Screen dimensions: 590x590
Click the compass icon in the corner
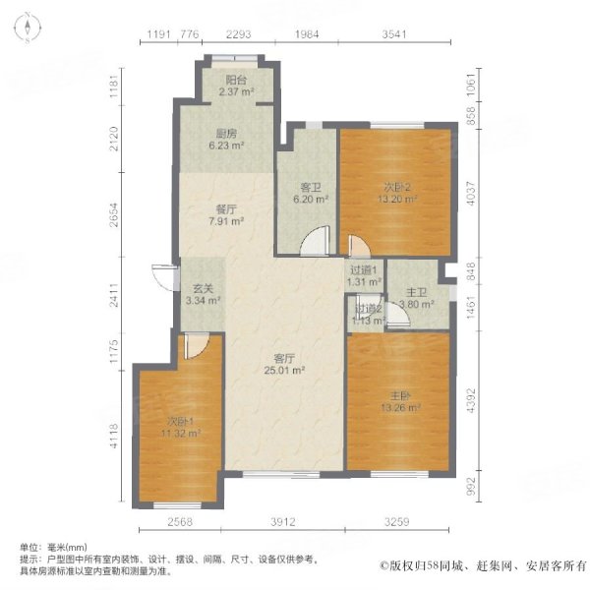[x=28, y=28]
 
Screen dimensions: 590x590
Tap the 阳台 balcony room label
[x=236, y=81]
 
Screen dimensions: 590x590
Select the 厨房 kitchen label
[x=227, y=134]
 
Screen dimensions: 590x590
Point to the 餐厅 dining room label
[x=226, y=209]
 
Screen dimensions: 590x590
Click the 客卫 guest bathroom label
[x=311, y=188]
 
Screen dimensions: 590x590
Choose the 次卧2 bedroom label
[x=396, y=187]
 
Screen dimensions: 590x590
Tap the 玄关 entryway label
[x=203, y=288]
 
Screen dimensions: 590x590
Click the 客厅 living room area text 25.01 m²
[x=284, y=371]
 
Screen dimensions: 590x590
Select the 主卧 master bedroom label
[x=400, y=396]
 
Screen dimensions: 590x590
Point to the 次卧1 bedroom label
[x=181, y=421]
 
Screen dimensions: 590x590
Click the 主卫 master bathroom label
[x=416, y=292]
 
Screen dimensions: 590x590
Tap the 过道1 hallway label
[x=364, y=270]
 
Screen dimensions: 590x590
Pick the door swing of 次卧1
[x=196, y=345]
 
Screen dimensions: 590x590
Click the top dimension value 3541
[x=394, y=34]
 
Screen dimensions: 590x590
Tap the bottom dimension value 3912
[x=282, y=522]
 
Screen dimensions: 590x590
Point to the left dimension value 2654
[x=113, y=214]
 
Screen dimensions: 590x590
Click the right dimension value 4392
[x=471, y=401]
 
